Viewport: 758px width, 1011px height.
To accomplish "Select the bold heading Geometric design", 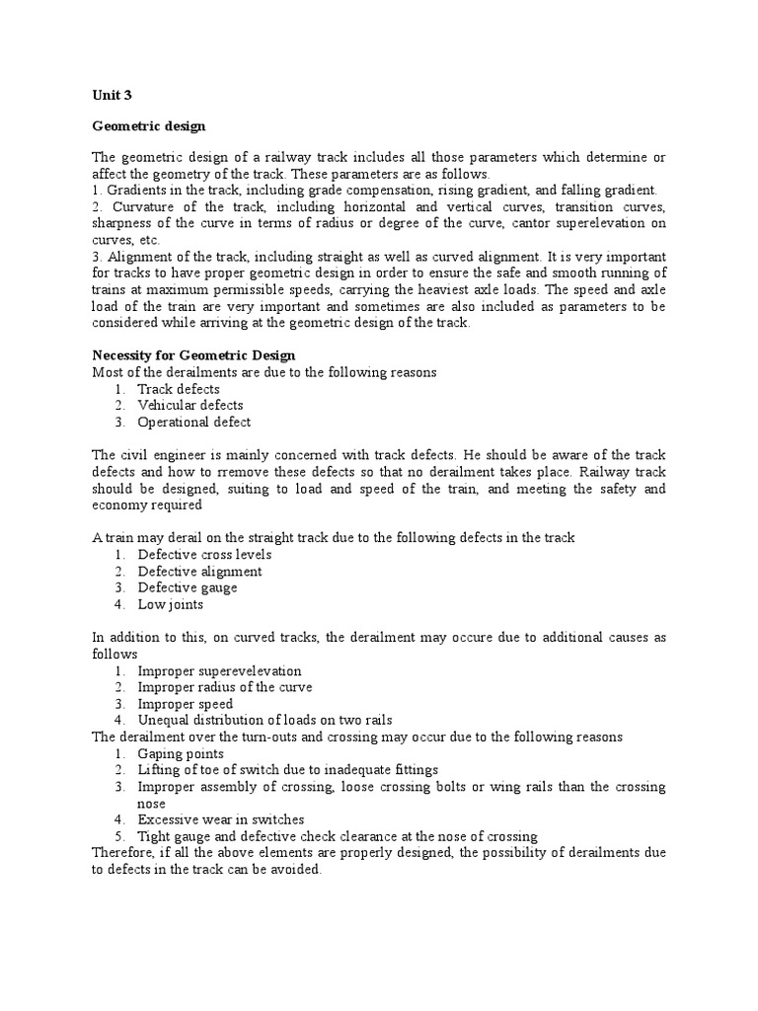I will (147, 127).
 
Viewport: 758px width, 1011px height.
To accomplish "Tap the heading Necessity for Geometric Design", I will (193, 355).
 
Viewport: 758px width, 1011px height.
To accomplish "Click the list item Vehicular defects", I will (189, 405).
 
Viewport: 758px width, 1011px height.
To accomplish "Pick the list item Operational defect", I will (193, 422).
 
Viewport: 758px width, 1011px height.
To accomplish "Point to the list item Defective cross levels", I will (204, 555).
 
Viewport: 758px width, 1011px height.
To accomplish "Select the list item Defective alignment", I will (199, 572).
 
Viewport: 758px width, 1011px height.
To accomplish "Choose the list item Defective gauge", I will (188, 588).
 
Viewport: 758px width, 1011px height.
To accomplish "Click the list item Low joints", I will (170, 605).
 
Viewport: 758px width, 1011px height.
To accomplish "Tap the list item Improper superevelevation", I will (219, 671).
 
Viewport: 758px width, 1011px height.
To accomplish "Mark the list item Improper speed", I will (186, 705).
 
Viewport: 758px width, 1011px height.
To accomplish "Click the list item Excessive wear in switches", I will (221, 820).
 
